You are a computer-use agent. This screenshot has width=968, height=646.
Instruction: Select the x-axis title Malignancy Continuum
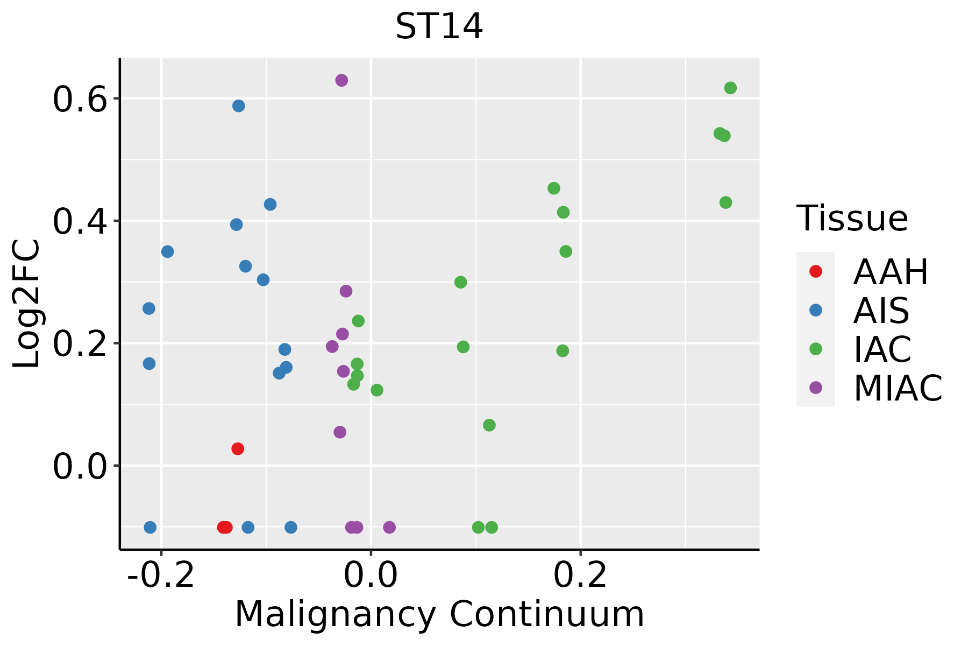point(439,614)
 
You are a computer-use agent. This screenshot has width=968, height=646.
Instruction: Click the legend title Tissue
point(852,219)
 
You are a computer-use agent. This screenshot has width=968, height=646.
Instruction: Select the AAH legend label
point(891,272)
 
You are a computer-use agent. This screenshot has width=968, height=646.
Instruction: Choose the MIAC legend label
point(898,388)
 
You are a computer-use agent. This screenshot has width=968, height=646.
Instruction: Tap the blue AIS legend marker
point(816,310)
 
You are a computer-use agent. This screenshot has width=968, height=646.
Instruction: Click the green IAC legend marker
point(816,349)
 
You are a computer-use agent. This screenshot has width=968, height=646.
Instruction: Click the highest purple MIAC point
point(341,80)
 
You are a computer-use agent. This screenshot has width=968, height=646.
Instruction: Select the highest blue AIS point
point(239,106)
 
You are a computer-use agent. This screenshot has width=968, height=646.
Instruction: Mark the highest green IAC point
point(730,88)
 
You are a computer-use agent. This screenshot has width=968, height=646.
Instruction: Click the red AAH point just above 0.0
point(238,448)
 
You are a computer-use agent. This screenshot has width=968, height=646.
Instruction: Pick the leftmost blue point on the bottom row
point(151,527)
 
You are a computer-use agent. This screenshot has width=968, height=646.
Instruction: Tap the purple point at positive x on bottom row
point(389,527)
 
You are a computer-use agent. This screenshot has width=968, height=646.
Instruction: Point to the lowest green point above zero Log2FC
point(489,425)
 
